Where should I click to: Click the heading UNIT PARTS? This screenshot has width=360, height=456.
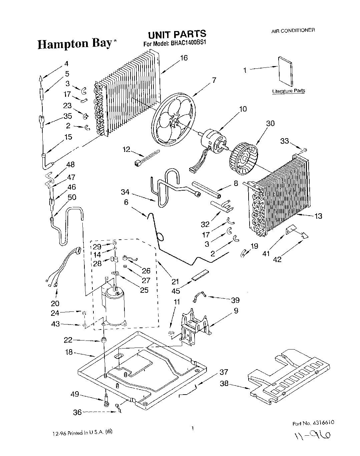coord(177,34)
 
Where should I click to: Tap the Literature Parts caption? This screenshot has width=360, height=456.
coord(288,91)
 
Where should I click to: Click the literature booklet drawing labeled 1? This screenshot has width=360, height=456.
coord(286,70)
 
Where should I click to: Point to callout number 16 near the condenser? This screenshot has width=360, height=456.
coord(184,58)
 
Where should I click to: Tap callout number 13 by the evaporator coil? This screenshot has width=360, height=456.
coord(318,216)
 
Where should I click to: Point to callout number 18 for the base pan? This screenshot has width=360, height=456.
coord(69,352)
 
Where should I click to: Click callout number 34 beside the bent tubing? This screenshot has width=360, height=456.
coord(125,192)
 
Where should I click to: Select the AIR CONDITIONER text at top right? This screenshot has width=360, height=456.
coord(293,30)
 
